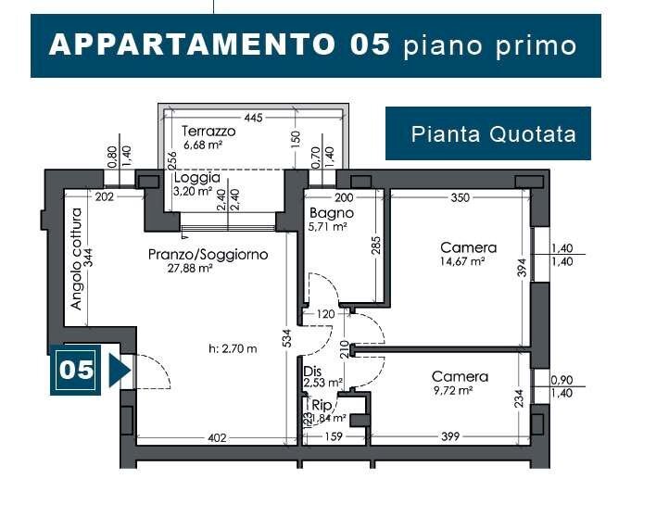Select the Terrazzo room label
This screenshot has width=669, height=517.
pos(208,132)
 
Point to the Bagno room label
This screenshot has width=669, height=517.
pos(331,213)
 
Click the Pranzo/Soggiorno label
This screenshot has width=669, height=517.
pos(208,254)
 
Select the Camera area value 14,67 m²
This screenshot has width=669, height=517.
pos(464,262)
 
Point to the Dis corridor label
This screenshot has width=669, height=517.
pos(311,371)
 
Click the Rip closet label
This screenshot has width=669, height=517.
pos(322,405)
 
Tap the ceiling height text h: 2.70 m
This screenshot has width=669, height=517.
pos(233,349)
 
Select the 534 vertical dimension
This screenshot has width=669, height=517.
pos(288,338)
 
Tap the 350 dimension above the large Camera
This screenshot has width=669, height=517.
pos(460,197)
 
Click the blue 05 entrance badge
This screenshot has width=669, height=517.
pos(76,370)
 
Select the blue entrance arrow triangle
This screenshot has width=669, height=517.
pos(118,370)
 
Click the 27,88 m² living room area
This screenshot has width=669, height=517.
pos(191,269)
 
